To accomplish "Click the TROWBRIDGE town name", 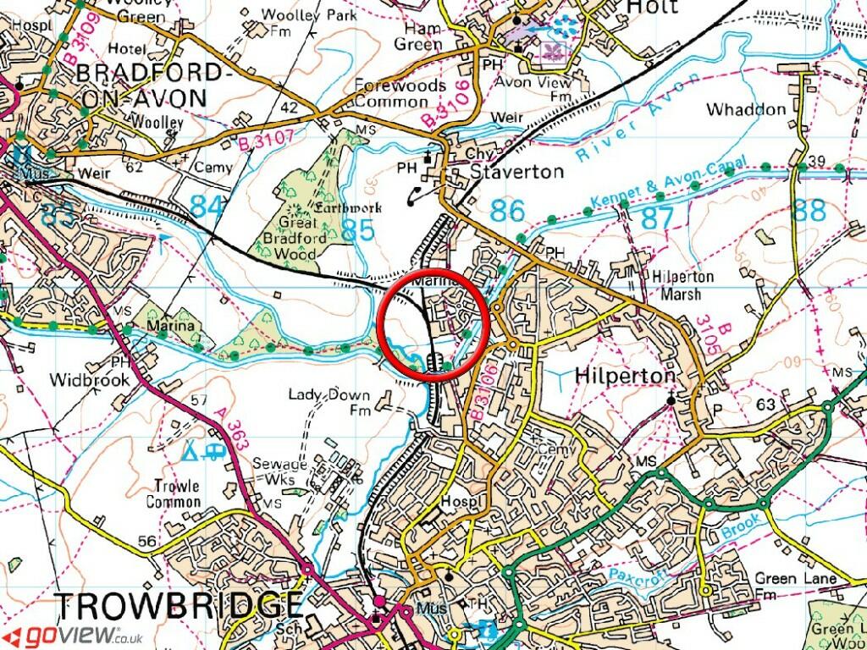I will click(178, 606).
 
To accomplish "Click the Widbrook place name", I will click(90, 379).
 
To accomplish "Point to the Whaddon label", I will click(746, 110).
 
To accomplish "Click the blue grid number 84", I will click(208, 206).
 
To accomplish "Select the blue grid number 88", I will click(809, 209).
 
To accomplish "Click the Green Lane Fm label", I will click(796, 587).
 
